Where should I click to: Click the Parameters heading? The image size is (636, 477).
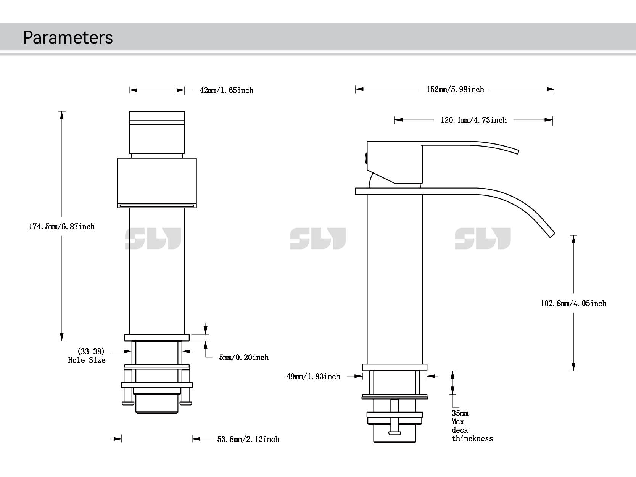click(x=68, y=37)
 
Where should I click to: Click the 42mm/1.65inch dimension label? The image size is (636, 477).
click(x=227, y=90)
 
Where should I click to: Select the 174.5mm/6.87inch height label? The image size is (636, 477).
click(x=62, y=227)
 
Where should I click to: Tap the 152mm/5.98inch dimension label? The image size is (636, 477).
click(x=455, y=89)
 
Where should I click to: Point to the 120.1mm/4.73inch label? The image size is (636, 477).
click(x=473, y=120)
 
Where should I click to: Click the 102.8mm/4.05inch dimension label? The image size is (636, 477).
click(x=573, y=303)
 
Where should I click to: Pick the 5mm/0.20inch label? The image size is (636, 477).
click(x=243, y=358)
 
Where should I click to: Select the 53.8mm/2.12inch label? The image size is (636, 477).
click(x=248, y=439)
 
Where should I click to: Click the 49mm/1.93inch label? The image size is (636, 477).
click(x=313, y=377)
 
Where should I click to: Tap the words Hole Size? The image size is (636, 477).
click(x=87, y=360)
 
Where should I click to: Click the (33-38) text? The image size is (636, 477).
click(x=91, y=351)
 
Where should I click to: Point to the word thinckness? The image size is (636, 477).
click(x=472, y=439)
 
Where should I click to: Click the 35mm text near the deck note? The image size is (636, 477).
click(x=460, y=413)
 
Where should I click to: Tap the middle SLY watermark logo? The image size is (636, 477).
click(x=317, y=239)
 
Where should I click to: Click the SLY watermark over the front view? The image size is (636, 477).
click(x=153, y=239)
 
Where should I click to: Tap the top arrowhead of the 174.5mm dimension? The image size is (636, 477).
click(x=61, y=114)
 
